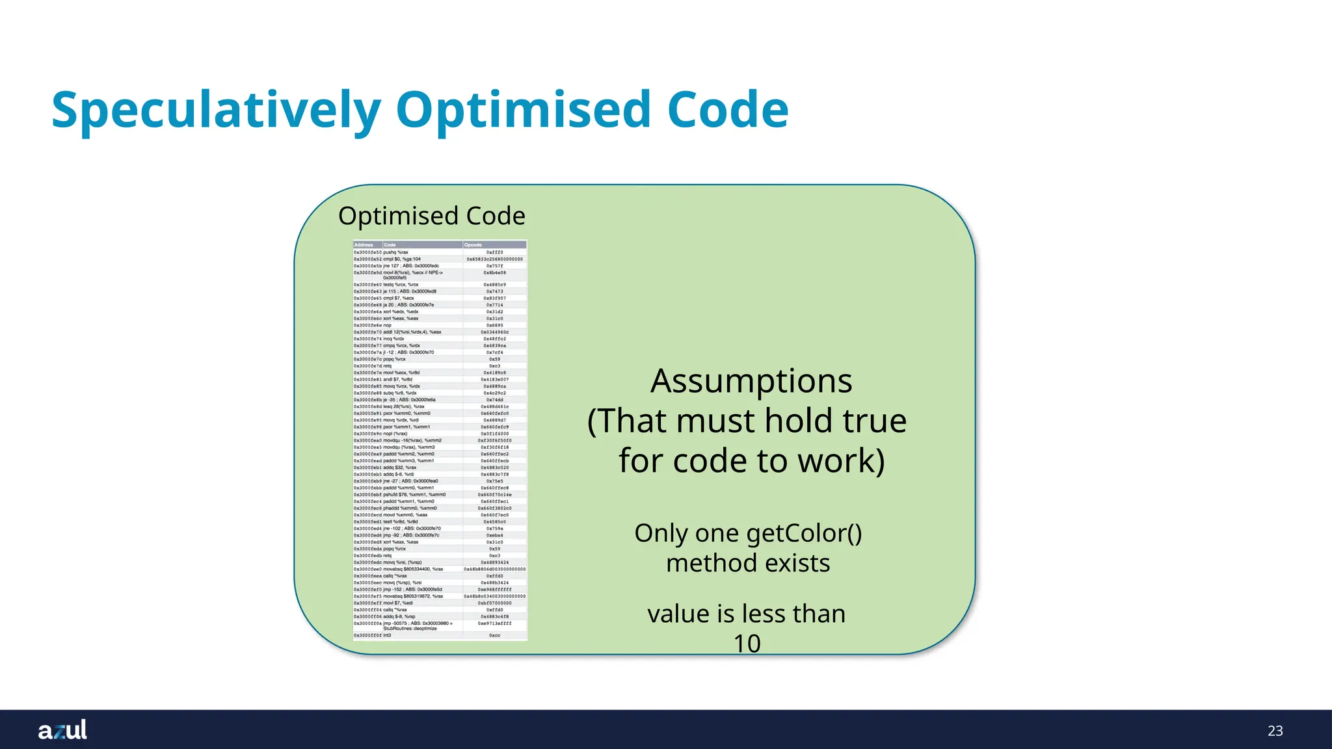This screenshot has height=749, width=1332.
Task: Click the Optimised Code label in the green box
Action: (431, 216)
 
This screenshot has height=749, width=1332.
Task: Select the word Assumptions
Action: (751, 381)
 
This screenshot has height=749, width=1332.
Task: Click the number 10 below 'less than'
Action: (747, 644)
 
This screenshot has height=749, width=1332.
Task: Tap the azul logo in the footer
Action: (62, 730)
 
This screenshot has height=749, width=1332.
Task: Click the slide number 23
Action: (1275, 731)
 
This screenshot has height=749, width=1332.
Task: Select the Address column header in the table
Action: (364, 245)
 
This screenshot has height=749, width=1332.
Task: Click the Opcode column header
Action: (473, 245)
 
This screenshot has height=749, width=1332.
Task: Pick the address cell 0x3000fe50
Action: (367, 252)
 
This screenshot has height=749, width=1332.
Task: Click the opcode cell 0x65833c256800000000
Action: (494, 259)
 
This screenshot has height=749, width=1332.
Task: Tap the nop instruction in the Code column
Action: (387, 325)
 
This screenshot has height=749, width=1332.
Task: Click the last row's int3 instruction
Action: (387, 635)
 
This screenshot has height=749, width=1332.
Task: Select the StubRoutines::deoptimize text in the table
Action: (410, 629)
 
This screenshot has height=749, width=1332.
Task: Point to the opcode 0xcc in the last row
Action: (494, 635)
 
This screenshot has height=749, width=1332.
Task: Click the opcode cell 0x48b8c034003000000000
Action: (494, 596)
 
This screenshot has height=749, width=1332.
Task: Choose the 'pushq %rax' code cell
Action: (395, 252)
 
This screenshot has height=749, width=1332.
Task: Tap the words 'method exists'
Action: (748, 563)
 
